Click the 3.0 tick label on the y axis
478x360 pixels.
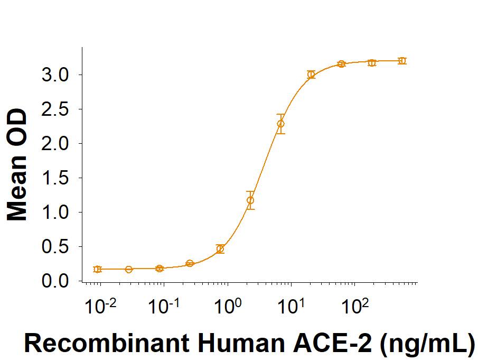point(54,75)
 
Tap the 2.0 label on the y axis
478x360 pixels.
point(54,143)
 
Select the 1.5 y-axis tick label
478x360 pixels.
point(54,178)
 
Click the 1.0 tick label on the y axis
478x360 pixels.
point(54,213)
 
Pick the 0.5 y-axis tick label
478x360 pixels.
point(54,247)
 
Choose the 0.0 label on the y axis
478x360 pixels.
point(54,281)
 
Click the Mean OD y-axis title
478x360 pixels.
point(18,165)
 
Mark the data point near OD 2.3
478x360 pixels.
point(280,124)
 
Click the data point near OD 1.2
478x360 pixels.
point(250,200)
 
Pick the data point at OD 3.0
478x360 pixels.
point(311,75)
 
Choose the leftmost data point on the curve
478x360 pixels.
point(97,269)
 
